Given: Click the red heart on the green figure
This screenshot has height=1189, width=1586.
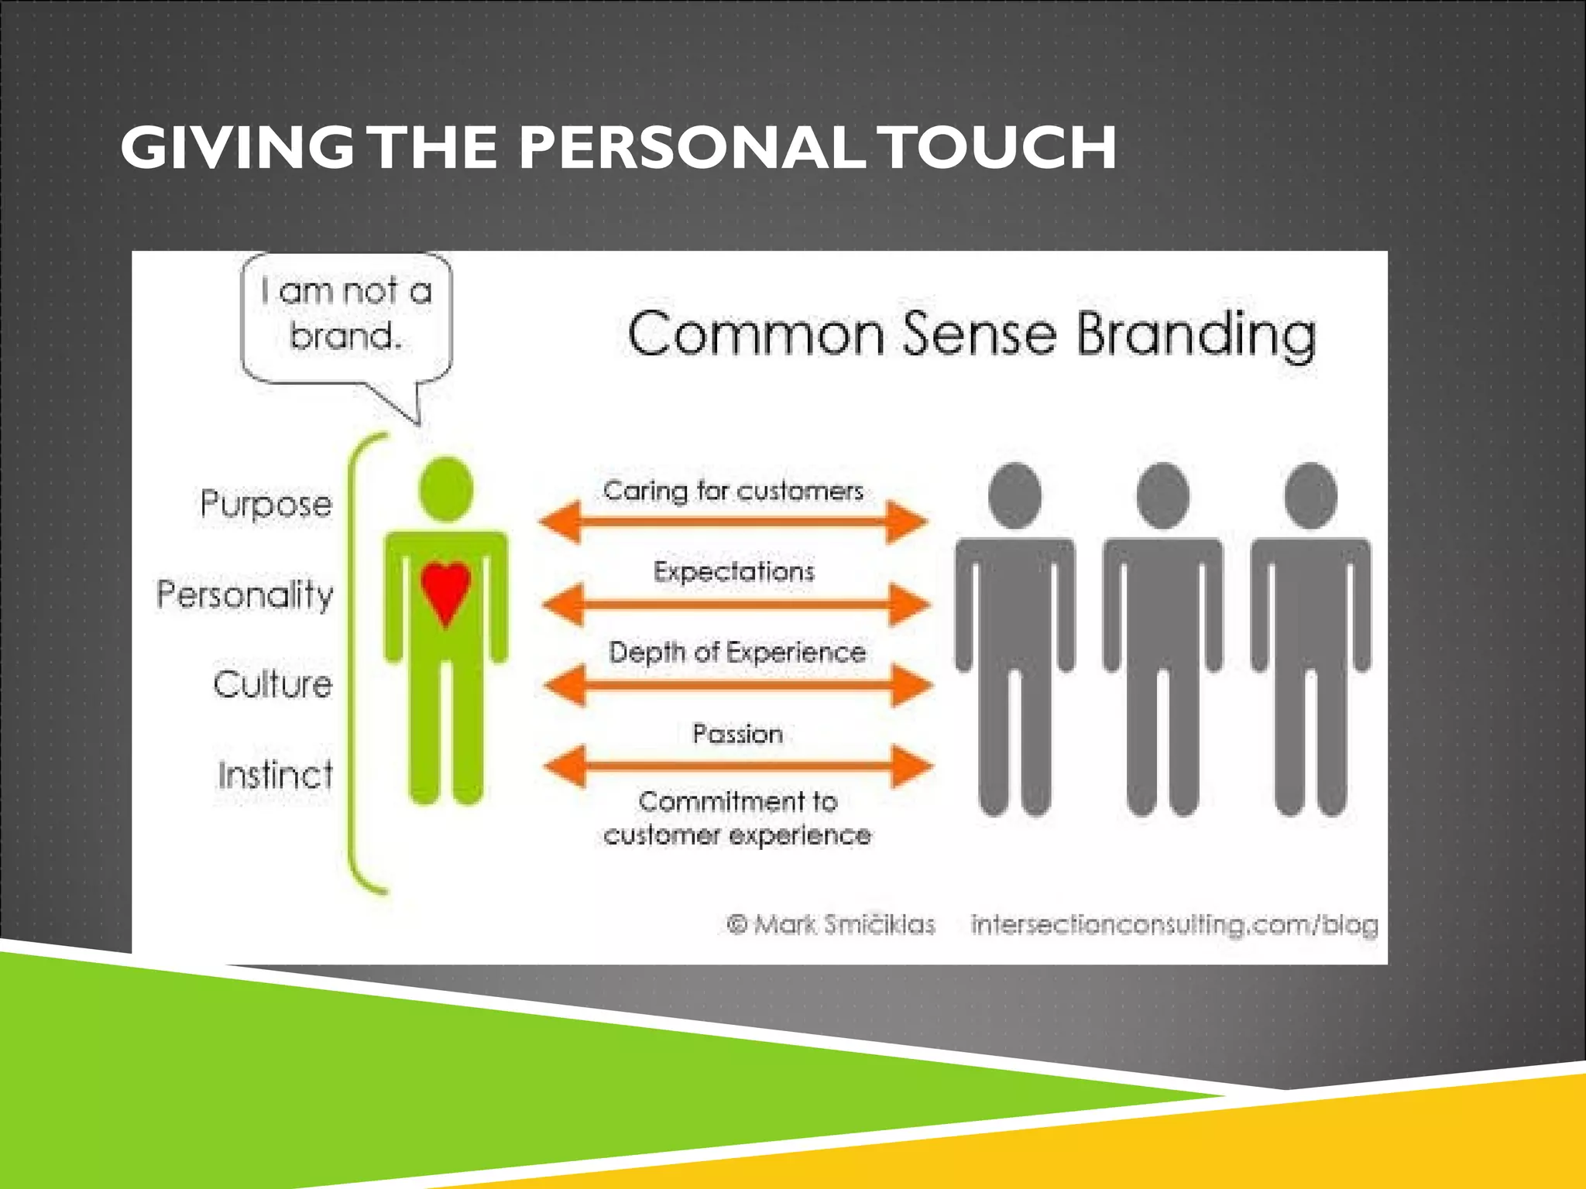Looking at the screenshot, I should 445,590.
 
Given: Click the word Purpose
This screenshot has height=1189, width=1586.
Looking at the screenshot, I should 266,504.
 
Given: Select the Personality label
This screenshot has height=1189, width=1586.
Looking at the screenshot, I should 245,594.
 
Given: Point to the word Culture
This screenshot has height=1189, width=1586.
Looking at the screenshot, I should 273,684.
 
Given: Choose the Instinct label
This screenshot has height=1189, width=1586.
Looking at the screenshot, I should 276,775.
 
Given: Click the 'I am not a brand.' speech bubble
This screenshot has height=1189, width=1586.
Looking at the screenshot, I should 346,316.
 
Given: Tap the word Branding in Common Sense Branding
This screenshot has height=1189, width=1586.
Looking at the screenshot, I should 1196,334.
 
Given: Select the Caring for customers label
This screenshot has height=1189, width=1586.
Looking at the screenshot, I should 733,491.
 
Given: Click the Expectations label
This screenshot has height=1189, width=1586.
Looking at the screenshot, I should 734,572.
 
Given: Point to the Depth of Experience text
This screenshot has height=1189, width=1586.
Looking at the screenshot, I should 737,653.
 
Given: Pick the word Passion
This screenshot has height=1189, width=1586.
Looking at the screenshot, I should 737,734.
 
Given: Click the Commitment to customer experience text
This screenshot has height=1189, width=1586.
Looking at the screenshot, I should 737,818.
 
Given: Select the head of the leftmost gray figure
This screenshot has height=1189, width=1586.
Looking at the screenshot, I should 1014,495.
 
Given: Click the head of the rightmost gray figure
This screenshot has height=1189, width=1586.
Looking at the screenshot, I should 1310,495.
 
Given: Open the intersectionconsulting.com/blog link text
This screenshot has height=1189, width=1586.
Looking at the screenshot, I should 1174,924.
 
